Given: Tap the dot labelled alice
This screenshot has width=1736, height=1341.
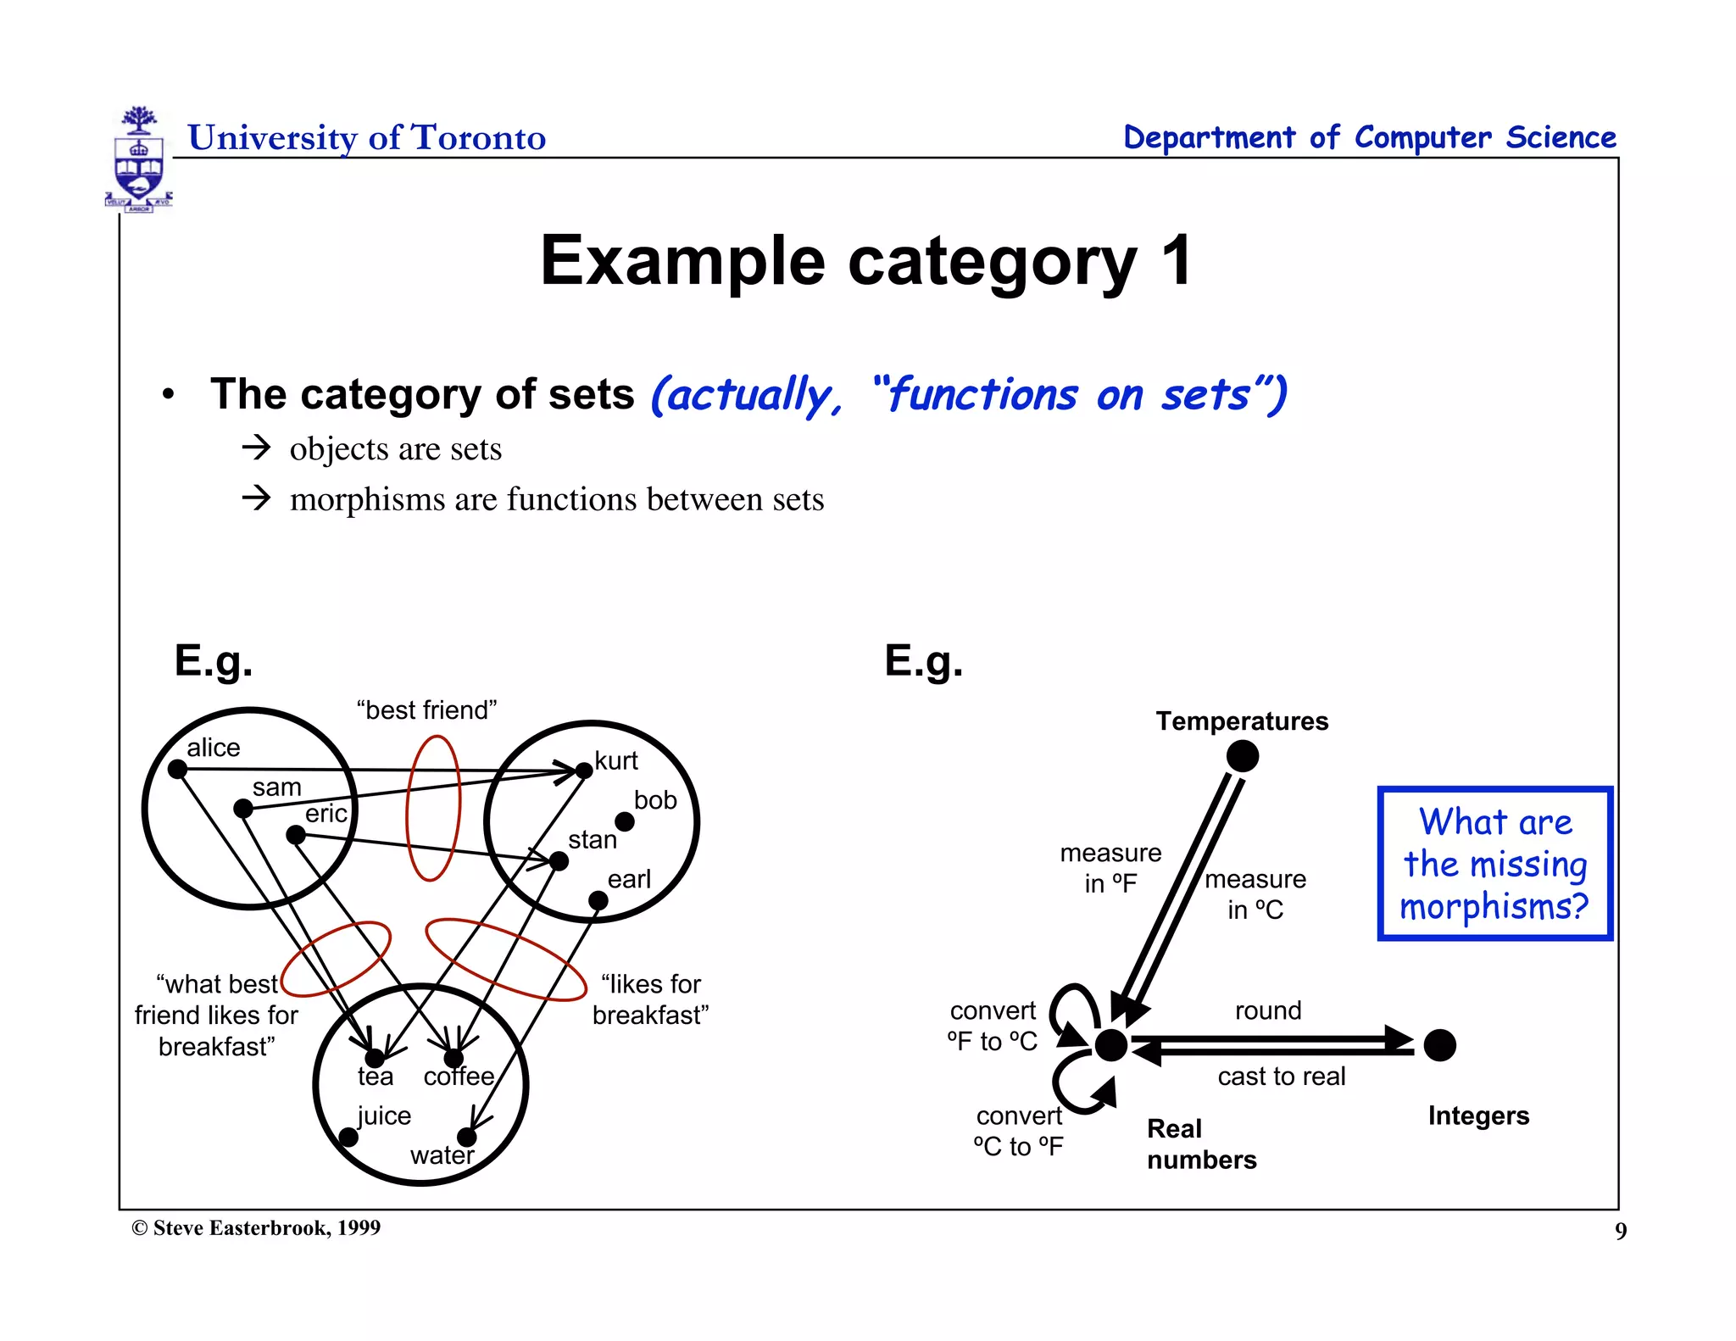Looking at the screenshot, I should coord(177,769).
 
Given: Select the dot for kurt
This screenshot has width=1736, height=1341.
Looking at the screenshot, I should coord(584,771).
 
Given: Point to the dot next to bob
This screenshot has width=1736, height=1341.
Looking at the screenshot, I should coord(625,821).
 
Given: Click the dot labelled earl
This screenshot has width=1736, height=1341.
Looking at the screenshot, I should coord(598,900).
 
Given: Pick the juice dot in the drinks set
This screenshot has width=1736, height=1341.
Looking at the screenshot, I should coord(348,1137).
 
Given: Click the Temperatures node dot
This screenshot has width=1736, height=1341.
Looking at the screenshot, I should coord(1243,756).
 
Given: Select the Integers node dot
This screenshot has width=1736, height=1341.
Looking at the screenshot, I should coord(1440,1045).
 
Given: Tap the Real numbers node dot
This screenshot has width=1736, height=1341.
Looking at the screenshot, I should coord(1111,1045).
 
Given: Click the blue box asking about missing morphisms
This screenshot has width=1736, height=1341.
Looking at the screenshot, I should coord(1495,864).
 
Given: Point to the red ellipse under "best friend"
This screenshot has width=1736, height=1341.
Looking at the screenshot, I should coord(433,808).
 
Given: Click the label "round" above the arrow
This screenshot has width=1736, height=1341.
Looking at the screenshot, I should coord(1268,1010).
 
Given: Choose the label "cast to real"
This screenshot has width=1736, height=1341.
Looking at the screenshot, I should coord(1282,1077).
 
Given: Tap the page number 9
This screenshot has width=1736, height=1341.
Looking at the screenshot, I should coord(1621,1231).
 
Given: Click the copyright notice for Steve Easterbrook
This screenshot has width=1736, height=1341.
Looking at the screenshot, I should coord(256,1228).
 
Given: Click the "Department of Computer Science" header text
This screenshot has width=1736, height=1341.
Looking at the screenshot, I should coord(1370,137).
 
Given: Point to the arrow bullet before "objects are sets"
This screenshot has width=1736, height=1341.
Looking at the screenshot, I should coord(256,448).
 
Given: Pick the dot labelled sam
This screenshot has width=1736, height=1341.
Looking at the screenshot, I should coord(243,809).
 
